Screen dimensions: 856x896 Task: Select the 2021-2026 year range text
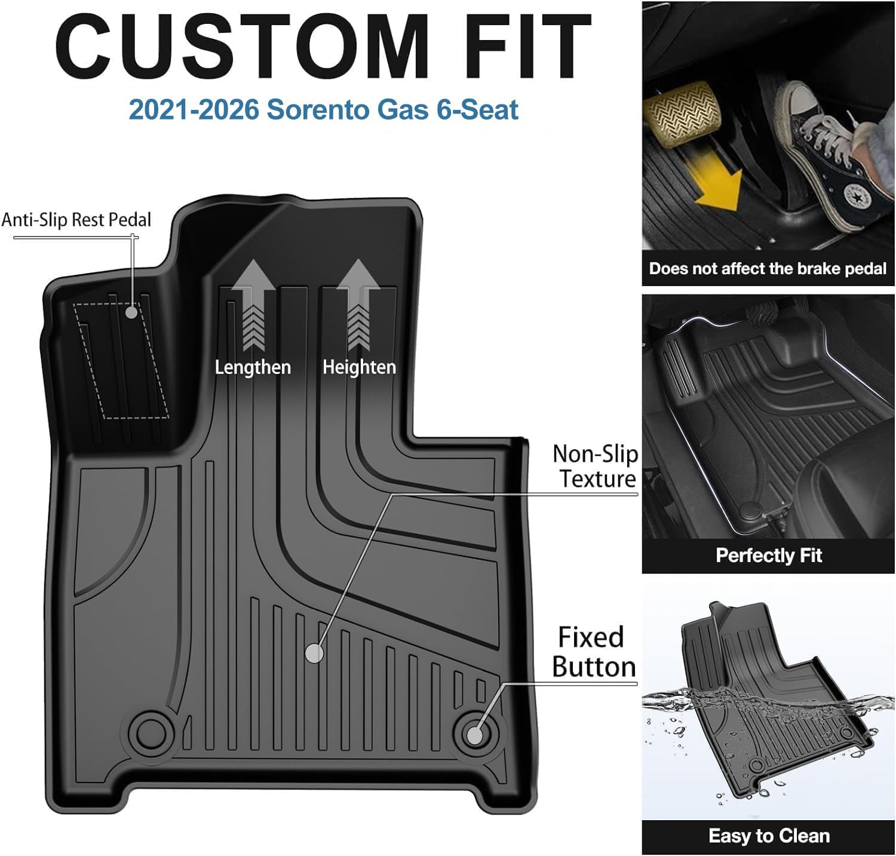click(x=193, y=110)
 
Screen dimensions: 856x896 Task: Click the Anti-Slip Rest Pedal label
click(x=76, y=220)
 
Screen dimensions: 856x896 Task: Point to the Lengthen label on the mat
click(x=253, y=367)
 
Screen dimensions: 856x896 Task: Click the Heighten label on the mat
click(x=359, y=367)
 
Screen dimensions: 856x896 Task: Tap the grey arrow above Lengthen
click(x=253, y=305)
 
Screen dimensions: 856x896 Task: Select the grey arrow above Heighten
click(x=358, y=305)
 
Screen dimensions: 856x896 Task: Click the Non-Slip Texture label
click(x=596, y=467)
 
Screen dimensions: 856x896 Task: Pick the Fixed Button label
click(x=593, y=652)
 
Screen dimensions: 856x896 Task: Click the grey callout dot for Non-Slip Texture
click(x=314, y=653)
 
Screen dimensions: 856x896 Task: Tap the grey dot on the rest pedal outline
click(x=131, y=311)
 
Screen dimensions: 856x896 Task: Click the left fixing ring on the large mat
click(x=149, y=731)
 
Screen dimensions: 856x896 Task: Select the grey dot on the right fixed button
click(x=475, y=735)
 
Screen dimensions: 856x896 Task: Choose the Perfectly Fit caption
click(x=769, y=556)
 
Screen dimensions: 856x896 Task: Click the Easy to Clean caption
click(x=769, y=836)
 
